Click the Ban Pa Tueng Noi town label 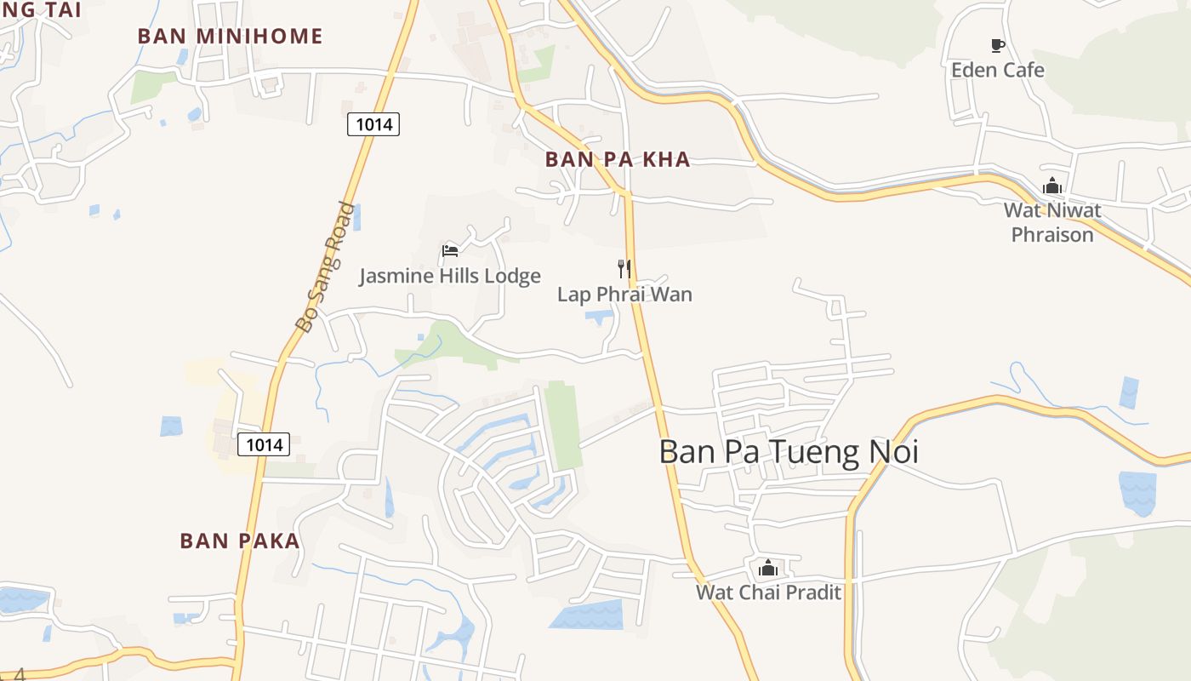tap(789, 452)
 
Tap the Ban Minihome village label tap(230, 37)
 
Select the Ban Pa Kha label tap(618, 160)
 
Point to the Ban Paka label tap(240, 541)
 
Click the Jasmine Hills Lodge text tap(449, 276)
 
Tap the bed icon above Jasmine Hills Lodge tap(450, 250)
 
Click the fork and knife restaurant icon tap(624, 269)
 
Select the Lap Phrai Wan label tap(624, 295)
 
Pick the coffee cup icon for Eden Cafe tap(997, 45)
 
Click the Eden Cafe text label tap(997, 70)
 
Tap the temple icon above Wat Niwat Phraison tap(1052, 186)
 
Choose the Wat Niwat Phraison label tap(1052, 222)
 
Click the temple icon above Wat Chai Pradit tap(768, 567)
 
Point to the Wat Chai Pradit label tap(768, 592)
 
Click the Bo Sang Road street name tap(324, 266)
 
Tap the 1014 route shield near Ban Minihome tap(373, 124)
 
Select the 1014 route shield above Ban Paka tap(264, 444)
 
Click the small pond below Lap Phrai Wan tap(599, 318)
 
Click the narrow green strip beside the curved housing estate tap(563, 425)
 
